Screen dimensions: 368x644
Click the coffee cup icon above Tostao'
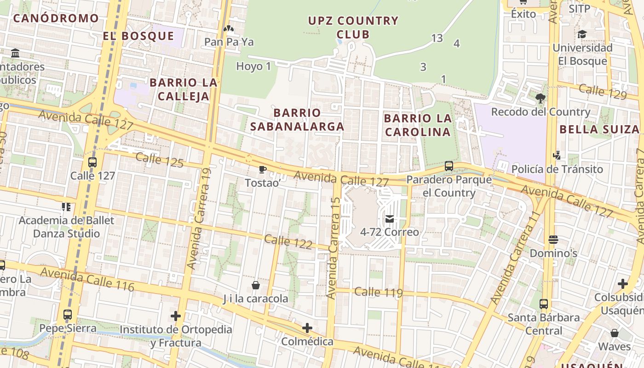(263, 170)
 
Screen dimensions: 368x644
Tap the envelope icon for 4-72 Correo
(390, 219)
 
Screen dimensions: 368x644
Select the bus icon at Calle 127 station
(92, 162)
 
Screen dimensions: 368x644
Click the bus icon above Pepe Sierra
(68, 315)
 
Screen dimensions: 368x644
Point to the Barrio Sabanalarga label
(297, 120)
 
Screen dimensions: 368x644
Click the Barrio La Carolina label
(418, 125)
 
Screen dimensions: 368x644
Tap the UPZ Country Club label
(353, 27)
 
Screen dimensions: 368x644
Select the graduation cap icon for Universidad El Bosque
(582, 34)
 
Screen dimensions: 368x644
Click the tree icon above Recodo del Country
(540, 98)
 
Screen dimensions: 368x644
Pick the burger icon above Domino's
(553, 240)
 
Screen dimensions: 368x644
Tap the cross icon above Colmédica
(307, 328)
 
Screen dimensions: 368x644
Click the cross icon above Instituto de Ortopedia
(175, 316)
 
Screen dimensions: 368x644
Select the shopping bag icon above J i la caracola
(256, 286)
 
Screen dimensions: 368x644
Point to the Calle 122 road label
(289, 241)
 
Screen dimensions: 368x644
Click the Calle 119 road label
(378, 292)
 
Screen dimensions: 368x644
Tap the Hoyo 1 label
(253, 66)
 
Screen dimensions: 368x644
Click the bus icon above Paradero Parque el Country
(449, 166)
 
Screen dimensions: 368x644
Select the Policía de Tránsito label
(557, 169)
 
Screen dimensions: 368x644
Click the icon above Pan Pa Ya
(229, 29)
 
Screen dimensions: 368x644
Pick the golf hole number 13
(437, 38)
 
